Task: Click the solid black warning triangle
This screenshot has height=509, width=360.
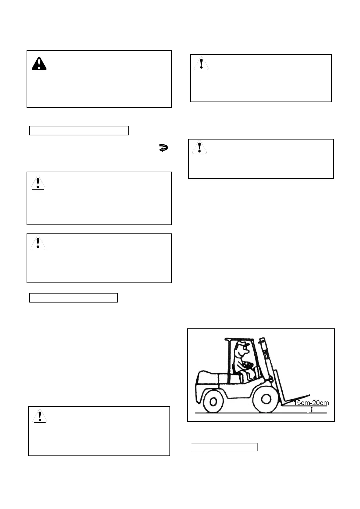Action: (x=39, y=64)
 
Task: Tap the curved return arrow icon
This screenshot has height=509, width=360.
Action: (x=163, y=148)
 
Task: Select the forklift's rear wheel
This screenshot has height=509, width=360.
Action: (x=214, y=401)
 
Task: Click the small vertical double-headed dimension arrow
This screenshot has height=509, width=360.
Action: (x=312, y=410)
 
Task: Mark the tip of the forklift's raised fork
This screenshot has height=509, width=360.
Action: (x=309, y=395)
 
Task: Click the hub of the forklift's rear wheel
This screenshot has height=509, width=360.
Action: (x=214, y=401)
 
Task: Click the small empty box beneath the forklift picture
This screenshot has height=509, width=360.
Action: (x=224, y=447)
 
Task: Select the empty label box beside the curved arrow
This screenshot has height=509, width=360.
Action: (x=79, y=131)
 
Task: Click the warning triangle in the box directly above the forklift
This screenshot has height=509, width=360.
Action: (x=200, y=147)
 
